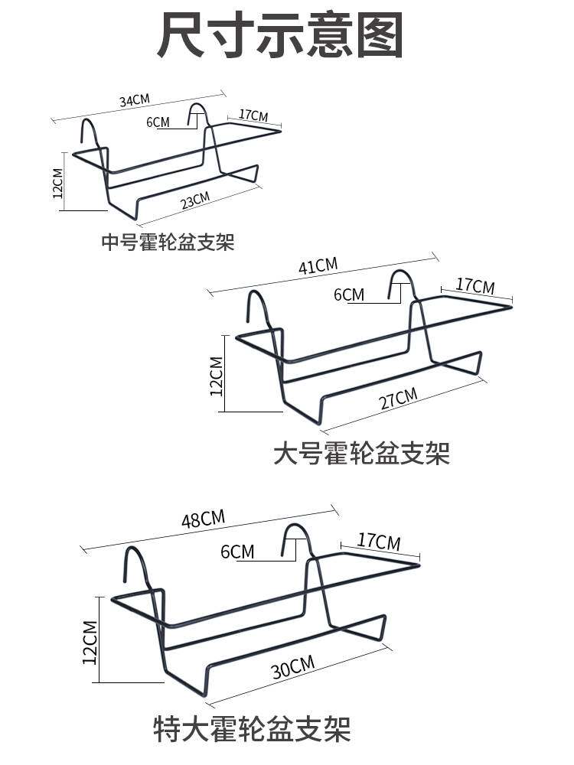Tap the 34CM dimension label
coord(134,100)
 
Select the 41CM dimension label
coord(318,266)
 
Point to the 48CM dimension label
coord(203,520)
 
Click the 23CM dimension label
coord(195,200)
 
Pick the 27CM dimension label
coord(399,399)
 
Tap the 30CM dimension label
coord(293,667)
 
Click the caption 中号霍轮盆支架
coord(168,243)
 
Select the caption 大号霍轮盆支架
coord(361,453)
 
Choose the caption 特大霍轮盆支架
coord(252,728)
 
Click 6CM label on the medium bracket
coord(157,122)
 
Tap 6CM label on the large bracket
coord(349,295)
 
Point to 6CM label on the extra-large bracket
coord(237,552)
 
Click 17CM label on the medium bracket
coord(253,116)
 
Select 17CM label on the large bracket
coord(475,287)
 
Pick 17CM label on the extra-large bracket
coord(379,542)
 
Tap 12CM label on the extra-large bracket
coord(90,640)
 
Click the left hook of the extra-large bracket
coord(132,562)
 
